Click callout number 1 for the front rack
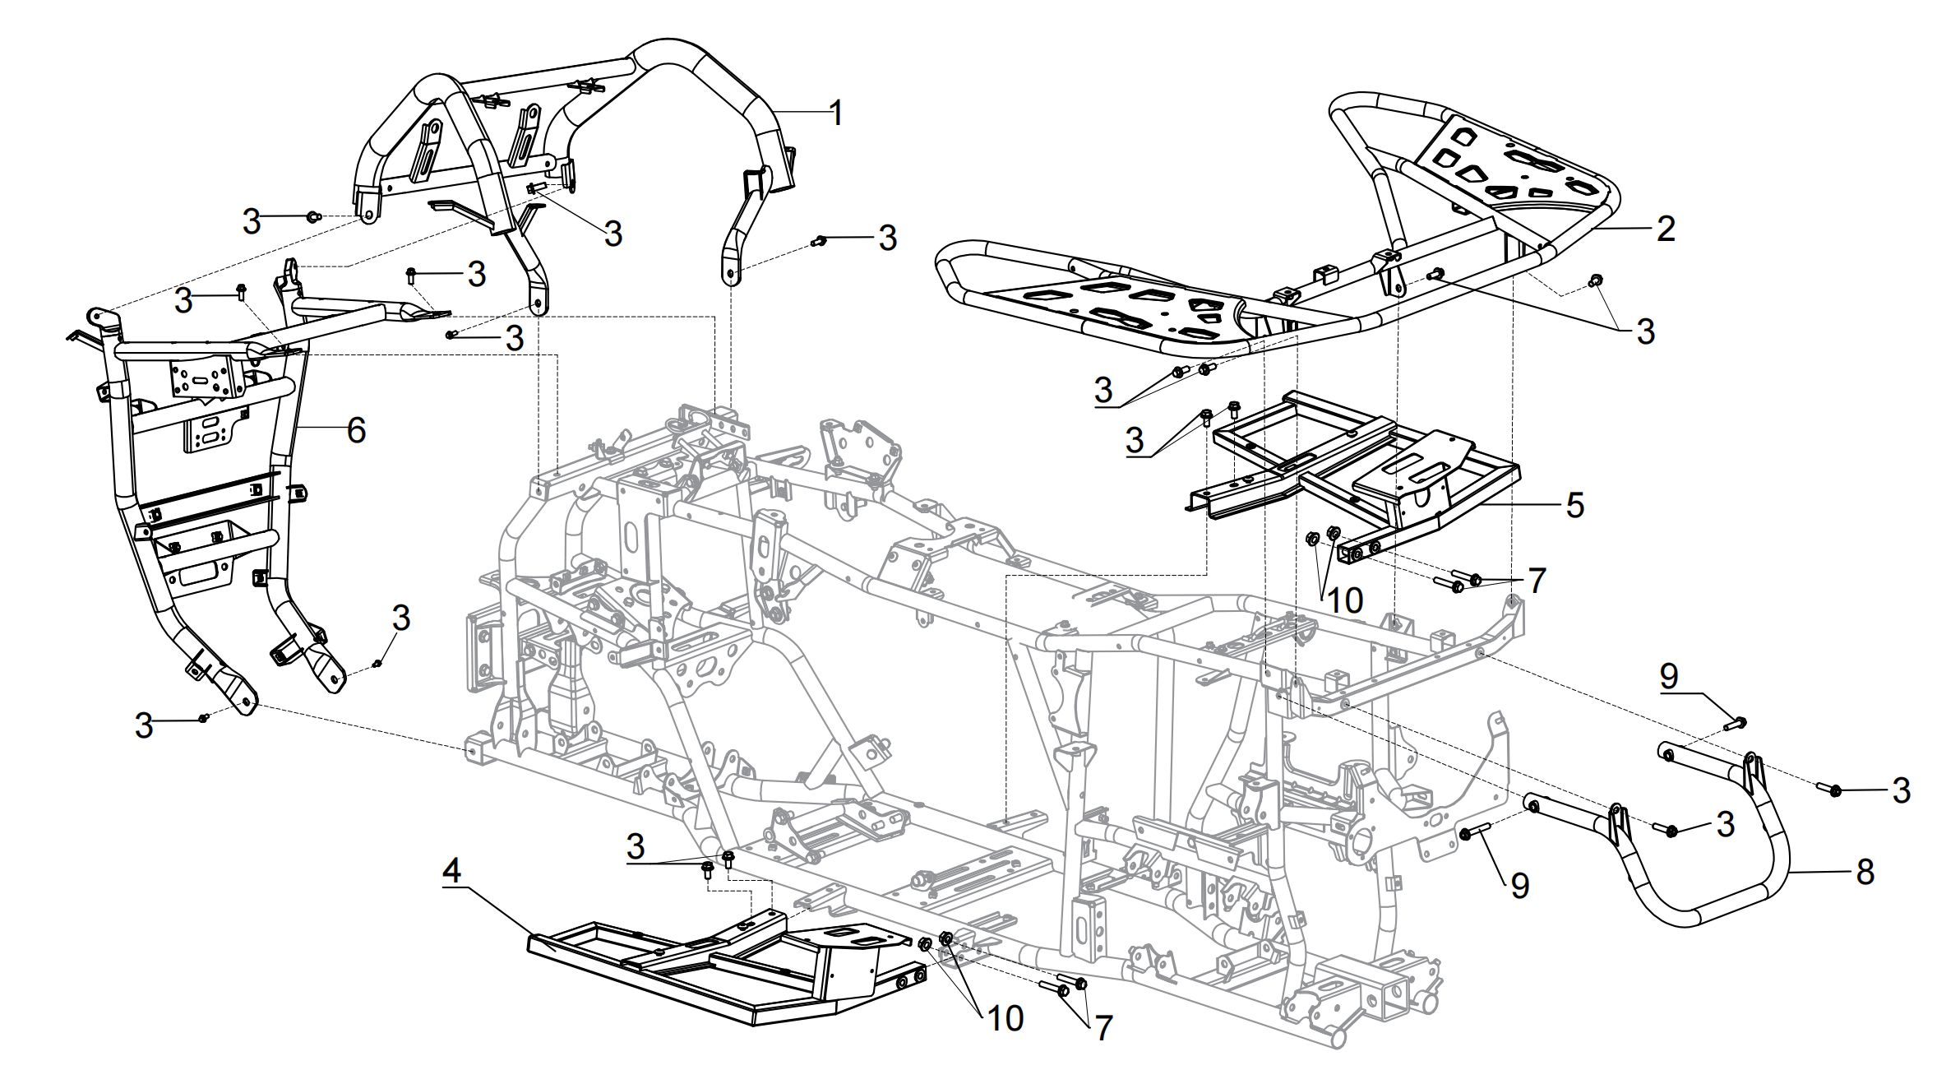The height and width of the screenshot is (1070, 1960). point(836,113)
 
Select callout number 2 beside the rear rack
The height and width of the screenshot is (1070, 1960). point(1666,229)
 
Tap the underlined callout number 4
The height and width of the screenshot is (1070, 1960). point(452,871)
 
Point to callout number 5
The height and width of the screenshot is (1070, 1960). point(1574,505)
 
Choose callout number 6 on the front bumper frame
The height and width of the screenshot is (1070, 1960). point(356,430)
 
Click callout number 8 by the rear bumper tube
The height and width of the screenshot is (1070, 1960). point(1865,872)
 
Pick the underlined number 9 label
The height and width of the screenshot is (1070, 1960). point(1669,676)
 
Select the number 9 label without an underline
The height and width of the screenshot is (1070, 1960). point(1520,886)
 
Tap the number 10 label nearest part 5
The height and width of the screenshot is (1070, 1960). point(1345,600)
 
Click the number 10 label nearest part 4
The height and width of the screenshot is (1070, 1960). point(1005,1018)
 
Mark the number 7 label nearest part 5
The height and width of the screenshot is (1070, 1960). point(1537,581)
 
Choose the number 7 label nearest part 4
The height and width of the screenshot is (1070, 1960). point(1103,1028)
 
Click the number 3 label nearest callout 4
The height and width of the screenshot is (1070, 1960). point(636,846)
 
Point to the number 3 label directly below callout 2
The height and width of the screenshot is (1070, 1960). point(1645,331)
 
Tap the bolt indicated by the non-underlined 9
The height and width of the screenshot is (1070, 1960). point(1475,833)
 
